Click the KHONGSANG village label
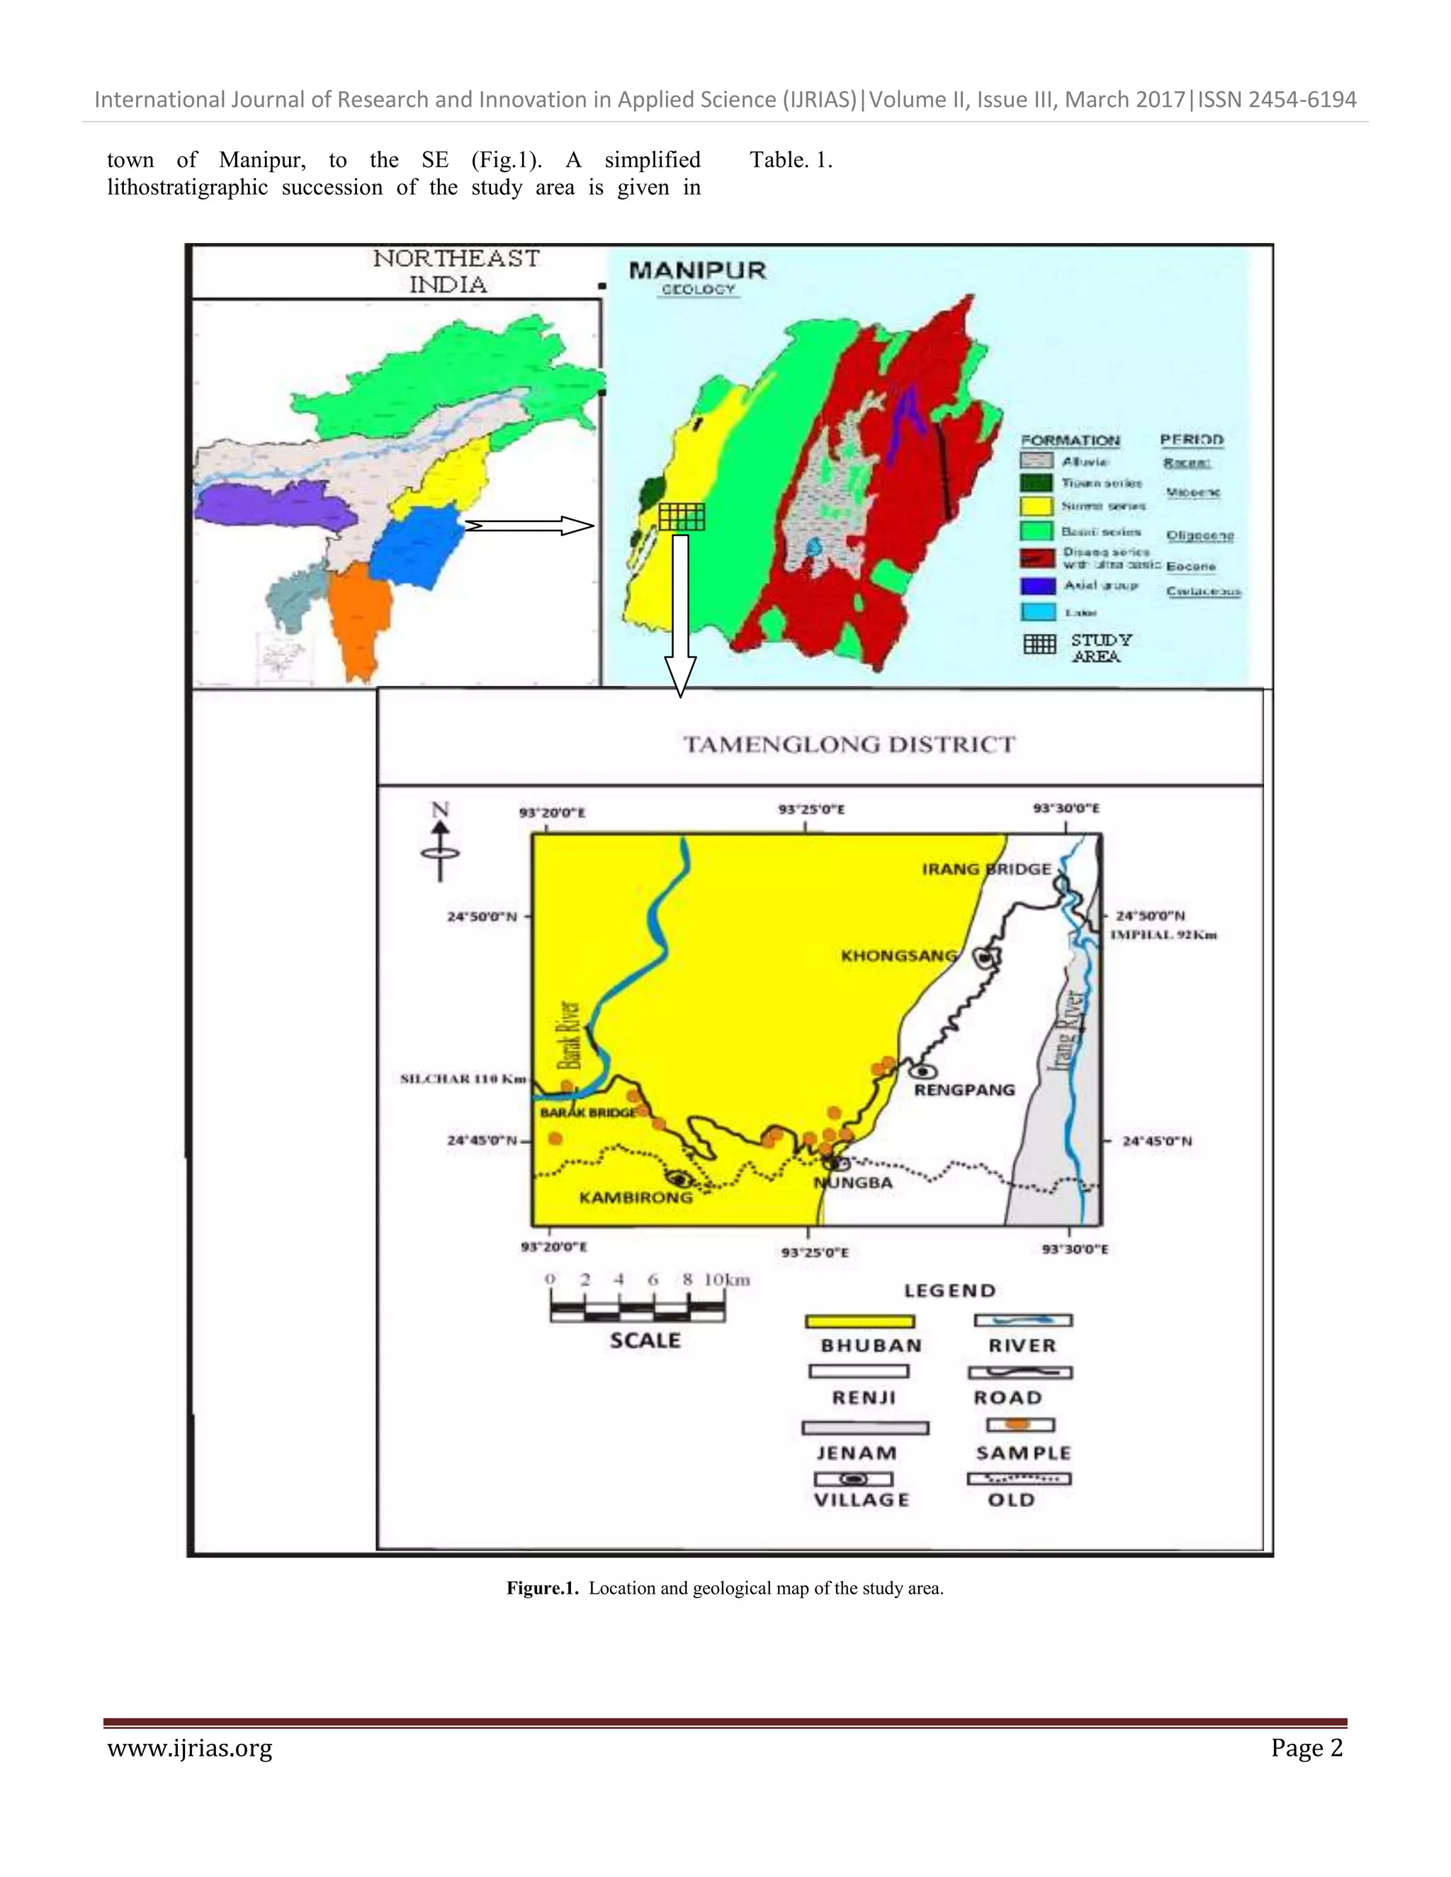pos(898,955)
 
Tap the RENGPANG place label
pos(964,1090)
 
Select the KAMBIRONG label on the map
pos(636,1197)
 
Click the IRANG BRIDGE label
pos(987,869)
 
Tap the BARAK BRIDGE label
pos(588,1112)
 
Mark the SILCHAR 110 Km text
pos(463,1079)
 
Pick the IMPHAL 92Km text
pos(1163,934)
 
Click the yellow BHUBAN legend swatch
pos(859,1322)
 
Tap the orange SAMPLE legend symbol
pos(1019,1425)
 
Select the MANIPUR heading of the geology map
pos(697,270)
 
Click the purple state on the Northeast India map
pos(273,505)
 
